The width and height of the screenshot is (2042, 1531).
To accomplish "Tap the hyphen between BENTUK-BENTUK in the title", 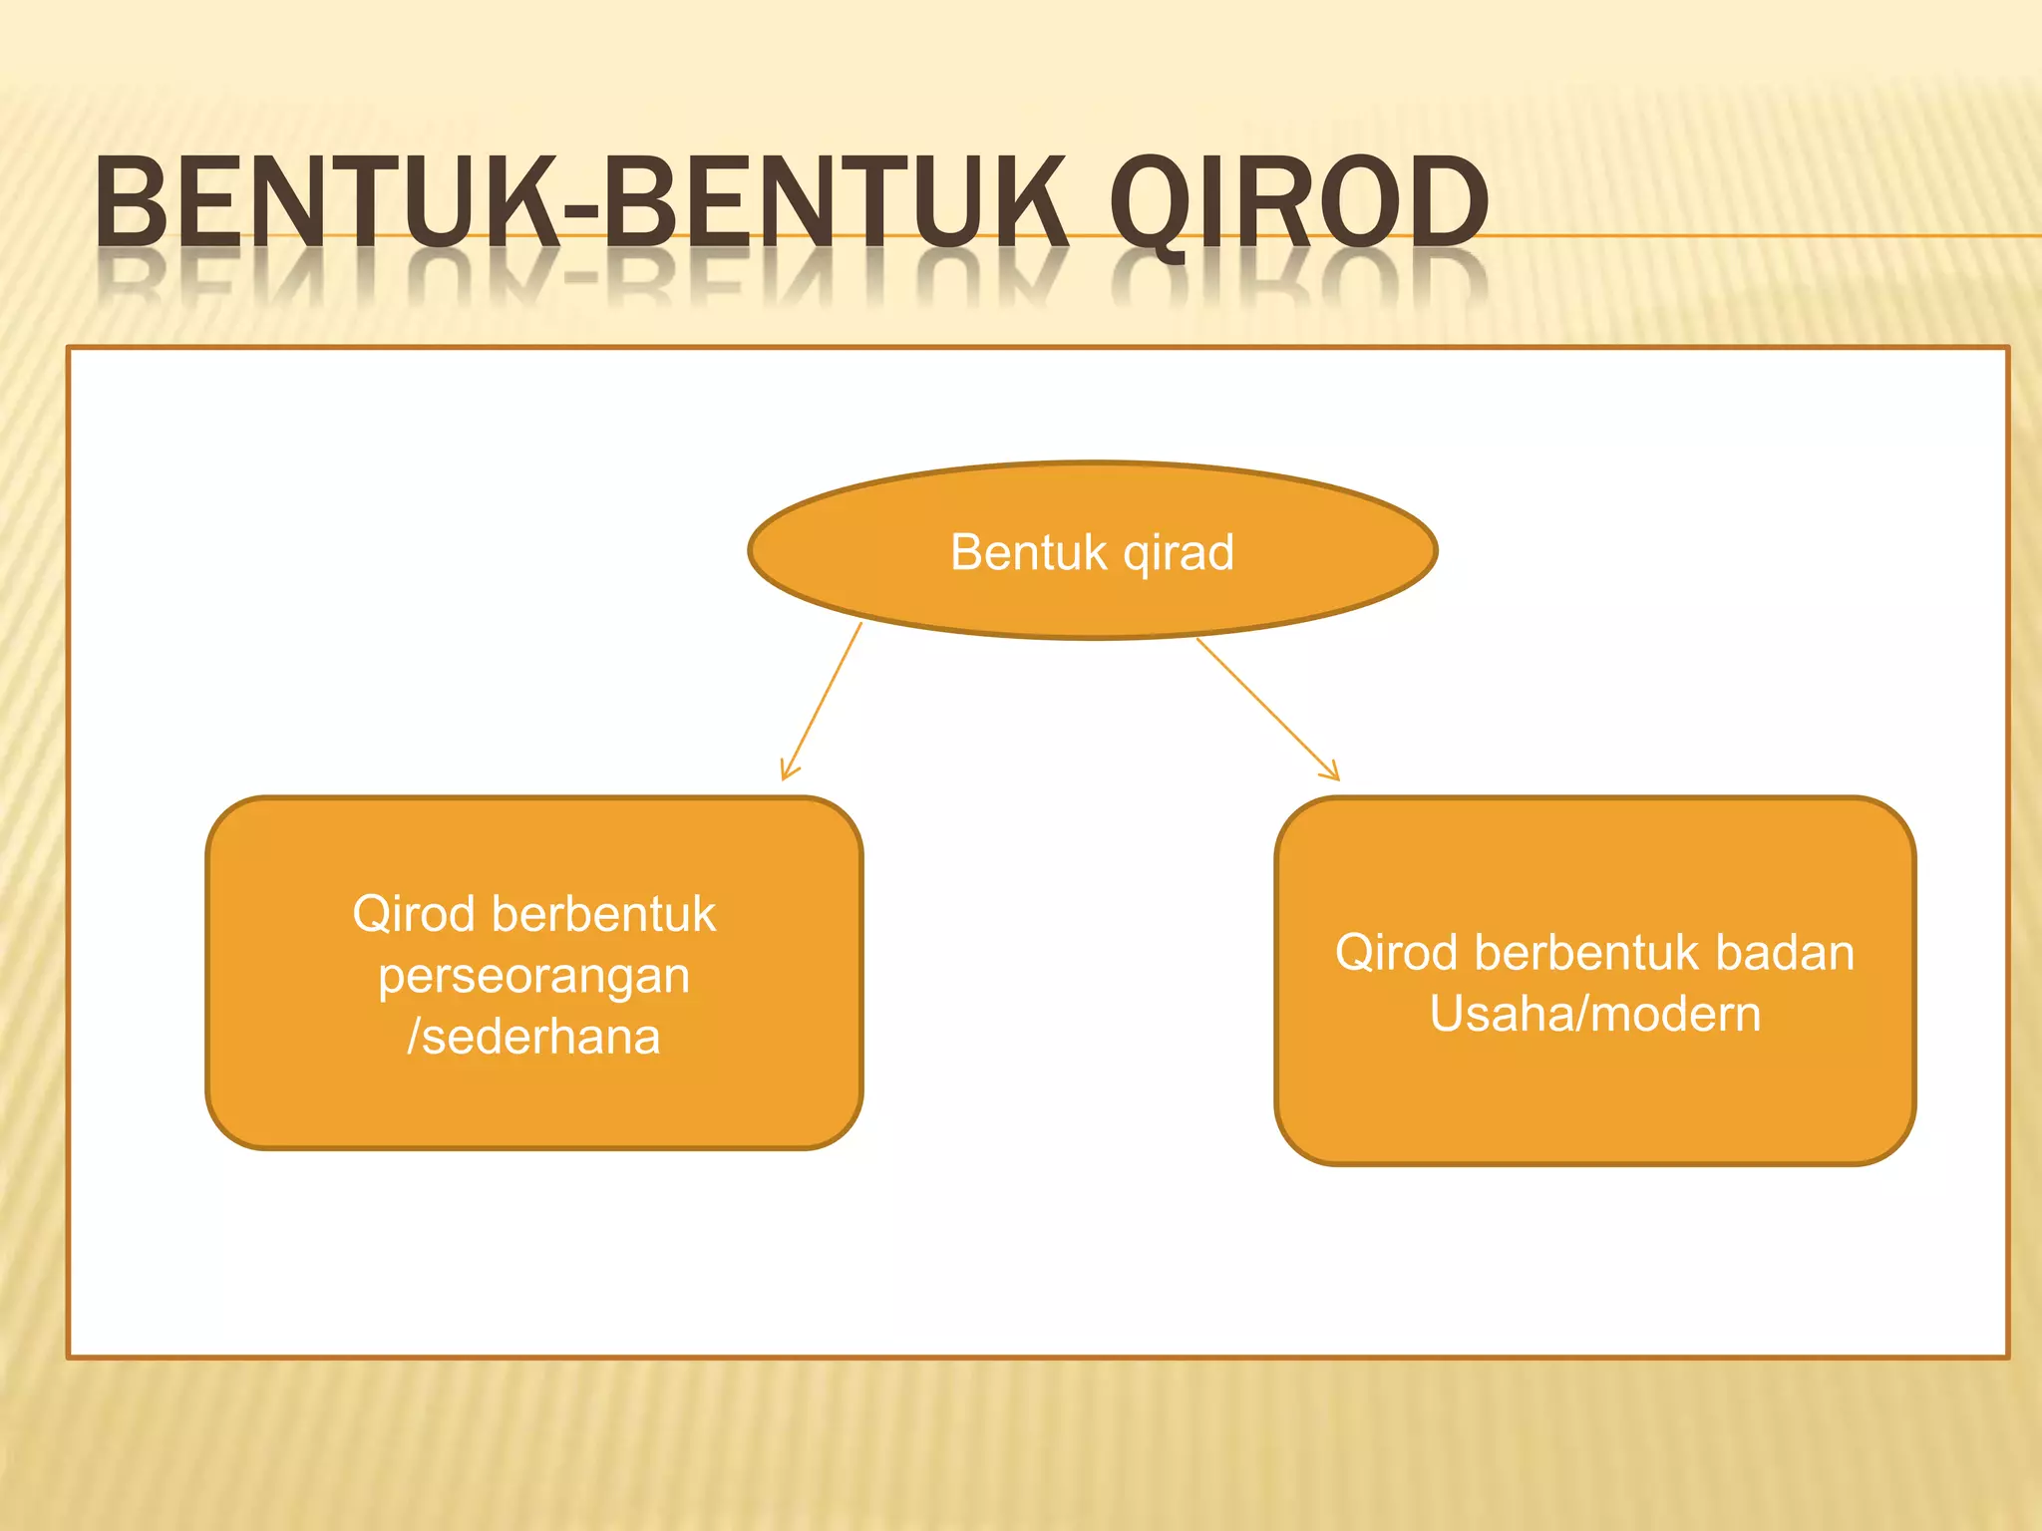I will click(581, 212).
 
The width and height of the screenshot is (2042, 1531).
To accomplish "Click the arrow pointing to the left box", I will click(823, 700).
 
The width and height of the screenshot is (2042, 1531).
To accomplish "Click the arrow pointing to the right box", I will click(1266, 708).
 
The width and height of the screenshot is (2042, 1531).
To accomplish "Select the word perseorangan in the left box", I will click(534, 977).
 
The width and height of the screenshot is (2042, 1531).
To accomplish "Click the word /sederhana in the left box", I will click(534, 1037).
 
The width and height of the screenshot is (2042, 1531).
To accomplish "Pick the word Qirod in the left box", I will click(412, 914).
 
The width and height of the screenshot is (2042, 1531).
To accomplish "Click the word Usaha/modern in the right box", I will click(1594, 1014).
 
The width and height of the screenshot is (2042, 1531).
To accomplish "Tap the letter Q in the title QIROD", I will click(1147, 204).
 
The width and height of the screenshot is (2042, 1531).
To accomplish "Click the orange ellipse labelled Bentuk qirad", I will click(1092, 598).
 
